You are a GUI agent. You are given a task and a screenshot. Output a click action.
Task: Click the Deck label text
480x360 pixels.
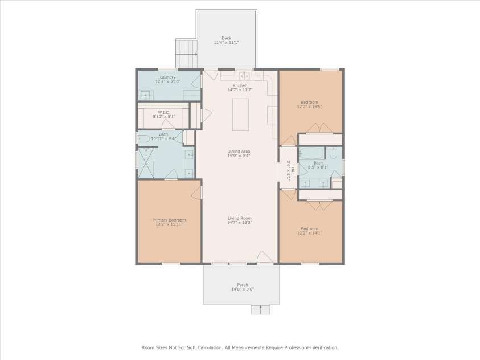pos(227,38)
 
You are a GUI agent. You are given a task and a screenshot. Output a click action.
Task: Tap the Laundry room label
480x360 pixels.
pos(168,77)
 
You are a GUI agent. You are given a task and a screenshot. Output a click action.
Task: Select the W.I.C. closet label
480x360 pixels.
pos(164,112)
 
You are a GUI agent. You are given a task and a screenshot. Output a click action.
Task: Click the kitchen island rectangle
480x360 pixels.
pos(241,114)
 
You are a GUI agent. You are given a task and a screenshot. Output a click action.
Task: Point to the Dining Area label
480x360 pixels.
pos(239,151)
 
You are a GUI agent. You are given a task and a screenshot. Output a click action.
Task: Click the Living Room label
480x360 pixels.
pos(240,218)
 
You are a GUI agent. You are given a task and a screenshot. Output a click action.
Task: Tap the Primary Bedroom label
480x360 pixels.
pos(169,220)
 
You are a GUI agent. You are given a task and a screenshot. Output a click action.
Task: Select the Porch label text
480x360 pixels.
pos(243,285)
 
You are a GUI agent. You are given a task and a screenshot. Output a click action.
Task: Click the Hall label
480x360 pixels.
pos(293,170)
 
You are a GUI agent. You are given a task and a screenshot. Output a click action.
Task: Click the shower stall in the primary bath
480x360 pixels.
pos(146,163)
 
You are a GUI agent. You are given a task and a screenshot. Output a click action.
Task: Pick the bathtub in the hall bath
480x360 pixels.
pos(311,153)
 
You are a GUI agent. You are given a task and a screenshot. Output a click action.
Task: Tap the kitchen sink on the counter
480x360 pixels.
pos(244,75)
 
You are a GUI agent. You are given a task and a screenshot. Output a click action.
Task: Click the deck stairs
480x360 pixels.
pos(186,54)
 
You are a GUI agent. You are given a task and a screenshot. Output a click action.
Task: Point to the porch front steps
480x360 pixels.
pos(261,309)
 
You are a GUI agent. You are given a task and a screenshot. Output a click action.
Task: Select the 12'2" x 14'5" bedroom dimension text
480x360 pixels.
pos(310,107)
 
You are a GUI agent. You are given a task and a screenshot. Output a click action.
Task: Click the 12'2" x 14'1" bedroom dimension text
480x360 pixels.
pos(310,233)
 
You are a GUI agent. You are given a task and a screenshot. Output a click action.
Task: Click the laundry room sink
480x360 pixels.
pos(145,96)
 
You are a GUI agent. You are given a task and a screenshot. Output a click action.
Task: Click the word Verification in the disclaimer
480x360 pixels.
pos(325,348)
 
